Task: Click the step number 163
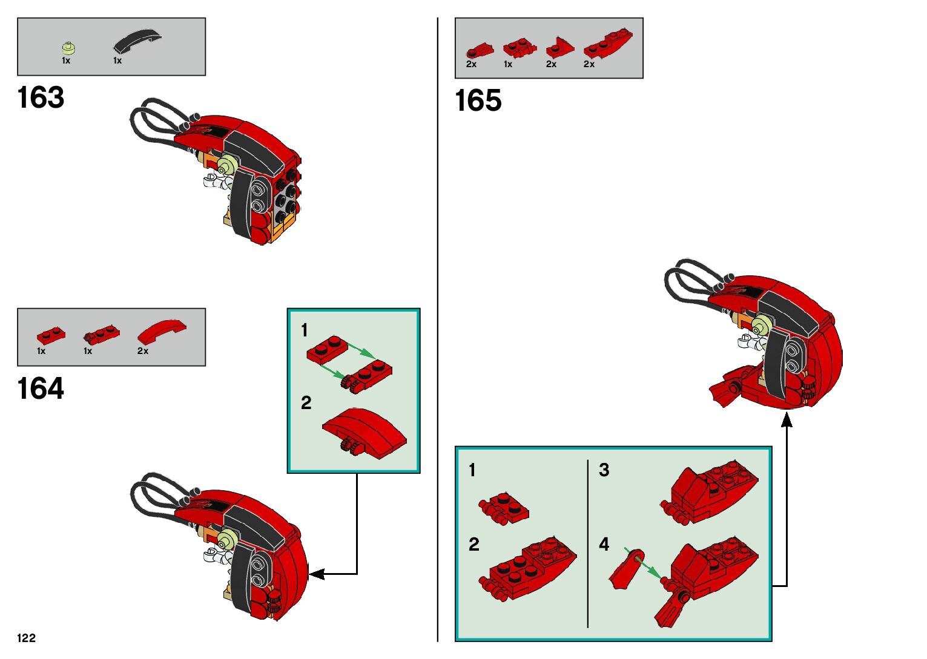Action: pyautogui.click(x=41, y=97)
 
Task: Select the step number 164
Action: pyautogui.click(x=41, y=389)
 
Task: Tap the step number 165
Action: pyautogui.click(x=478, y=100)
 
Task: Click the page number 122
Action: pyautogui.click(x=27, y=637)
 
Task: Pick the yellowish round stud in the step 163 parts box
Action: pyautogui.click(x=68, y=48)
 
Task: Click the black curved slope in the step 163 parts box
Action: pyautogui.click(x=137, y=41)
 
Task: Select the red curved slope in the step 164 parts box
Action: pyautogui.click(x=162, y=332)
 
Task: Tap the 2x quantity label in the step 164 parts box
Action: pyautogui.click(x=143, y=351)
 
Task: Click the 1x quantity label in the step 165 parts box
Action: pyautogui.click(x=508, y=64)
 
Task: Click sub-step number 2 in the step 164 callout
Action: pyautogui.click(x=306, y=402)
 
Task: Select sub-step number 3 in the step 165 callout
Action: pyautogui.click(x=604, y=470)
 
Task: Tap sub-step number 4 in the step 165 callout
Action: pyautogui.click(x=604, y=544)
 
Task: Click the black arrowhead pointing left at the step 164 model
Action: pyautogui.click(x=316, y=574)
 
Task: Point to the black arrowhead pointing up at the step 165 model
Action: pyautogui.click(x=787, y=419)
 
